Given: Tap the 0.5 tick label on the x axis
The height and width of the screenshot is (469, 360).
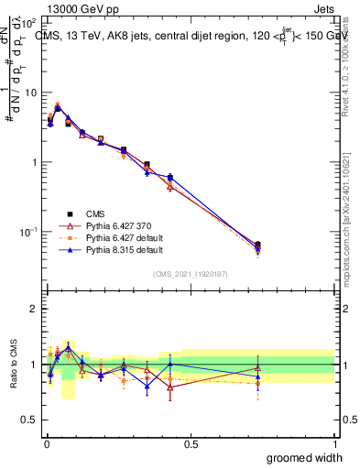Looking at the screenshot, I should point(190,443).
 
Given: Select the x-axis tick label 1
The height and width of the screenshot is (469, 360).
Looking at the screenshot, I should point(334,443).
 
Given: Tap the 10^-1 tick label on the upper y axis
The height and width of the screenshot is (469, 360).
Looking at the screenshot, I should point(28,232).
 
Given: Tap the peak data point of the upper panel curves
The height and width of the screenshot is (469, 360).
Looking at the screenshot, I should point(58,106).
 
